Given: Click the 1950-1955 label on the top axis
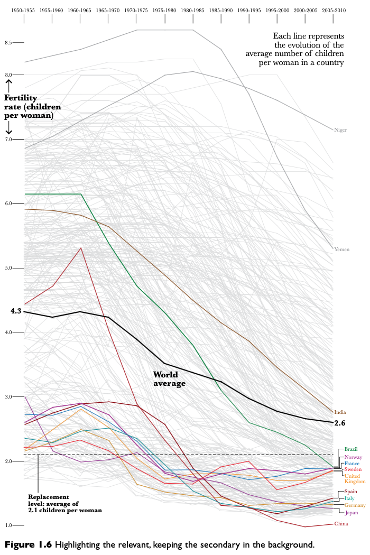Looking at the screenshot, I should (24, 11).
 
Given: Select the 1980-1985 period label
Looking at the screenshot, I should (193, 11).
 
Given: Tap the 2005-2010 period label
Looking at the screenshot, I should (333, 11).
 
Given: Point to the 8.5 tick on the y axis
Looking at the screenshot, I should (8, 42).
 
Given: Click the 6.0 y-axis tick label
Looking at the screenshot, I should (8, 203).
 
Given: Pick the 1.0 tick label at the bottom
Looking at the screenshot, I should (8, 525).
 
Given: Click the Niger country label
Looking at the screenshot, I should (340, 129).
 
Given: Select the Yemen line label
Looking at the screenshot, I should (341, 249).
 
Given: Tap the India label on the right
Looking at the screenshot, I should (340, 412).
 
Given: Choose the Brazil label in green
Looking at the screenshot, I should (351, 449).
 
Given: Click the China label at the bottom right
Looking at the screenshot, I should (341, 524).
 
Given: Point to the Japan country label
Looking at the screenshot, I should (351, 512).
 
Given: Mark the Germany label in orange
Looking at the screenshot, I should (355, 505).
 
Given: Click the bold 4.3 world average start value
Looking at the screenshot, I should (15, 311).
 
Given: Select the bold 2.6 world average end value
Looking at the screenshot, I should (340, 423).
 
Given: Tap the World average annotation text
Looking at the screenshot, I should (169, 379).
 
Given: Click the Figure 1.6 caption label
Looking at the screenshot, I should (27, 544).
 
